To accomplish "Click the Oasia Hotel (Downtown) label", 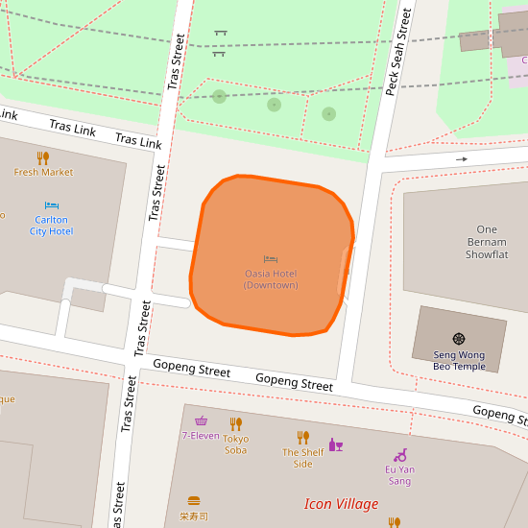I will (x=271, y=279).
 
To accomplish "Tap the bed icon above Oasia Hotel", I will (x=271, y=259).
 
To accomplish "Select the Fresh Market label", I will (x=43, y=172).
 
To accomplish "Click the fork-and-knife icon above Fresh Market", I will (x=43, y=157).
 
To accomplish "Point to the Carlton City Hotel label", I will (x=51, y=226).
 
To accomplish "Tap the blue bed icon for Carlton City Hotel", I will (x=52, y=205).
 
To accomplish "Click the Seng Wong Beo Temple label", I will (x=459, y=360).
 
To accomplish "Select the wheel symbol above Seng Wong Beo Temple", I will (x=459, y=339).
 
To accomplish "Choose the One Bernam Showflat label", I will (x=487, y=242).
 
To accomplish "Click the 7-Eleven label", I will (x=201, y=435).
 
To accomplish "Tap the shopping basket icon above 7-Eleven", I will (x=201, y=420).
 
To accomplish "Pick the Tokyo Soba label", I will (x=235, y=444).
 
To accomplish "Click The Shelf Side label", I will (x=302, y=458).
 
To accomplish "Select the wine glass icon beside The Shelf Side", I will (x=335, y=444).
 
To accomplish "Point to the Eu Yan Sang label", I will (x=399, y=475).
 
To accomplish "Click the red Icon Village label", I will (x=341, y=504).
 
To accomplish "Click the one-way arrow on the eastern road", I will (x=462, y=159).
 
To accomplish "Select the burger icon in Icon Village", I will (x=194, y=500).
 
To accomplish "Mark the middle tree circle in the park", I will (x=274, y=105).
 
